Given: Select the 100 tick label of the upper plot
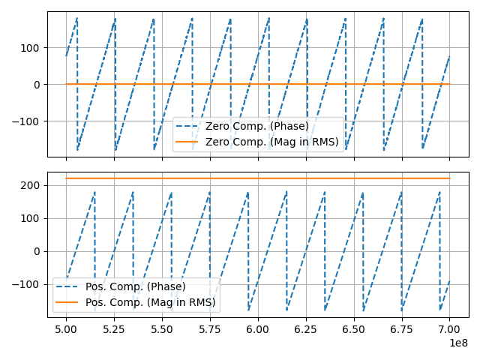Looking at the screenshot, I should [32, 48].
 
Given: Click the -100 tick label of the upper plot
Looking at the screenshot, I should [29, 121].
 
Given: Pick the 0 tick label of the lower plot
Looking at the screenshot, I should [38, 251].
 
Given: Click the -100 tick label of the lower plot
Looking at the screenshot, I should [29, 285].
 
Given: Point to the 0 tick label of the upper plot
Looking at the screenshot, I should [38, 85].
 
